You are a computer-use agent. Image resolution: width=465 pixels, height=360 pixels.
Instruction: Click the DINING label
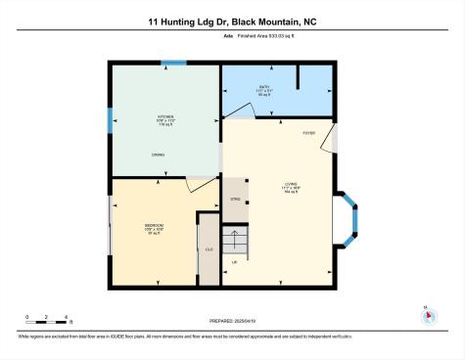pos(158,154)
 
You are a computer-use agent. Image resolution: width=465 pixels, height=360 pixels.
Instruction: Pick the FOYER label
pos(308,131)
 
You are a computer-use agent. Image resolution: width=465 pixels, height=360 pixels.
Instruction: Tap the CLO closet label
pos(209,249)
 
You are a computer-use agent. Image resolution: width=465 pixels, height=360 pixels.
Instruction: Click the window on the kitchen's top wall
pos(173,64)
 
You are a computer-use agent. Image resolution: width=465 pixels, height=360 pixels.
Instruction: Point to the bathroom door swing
pos(241,114)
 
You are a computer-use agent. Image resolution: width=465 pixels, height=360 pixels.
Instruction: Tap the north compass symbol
pos(426,315)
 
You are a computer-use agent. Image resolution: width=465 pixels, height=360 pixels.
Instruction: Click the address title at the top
pos(232,19)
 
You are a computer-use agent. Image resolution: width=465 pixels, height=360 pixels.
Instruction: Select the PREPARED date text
pos(232,320)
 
